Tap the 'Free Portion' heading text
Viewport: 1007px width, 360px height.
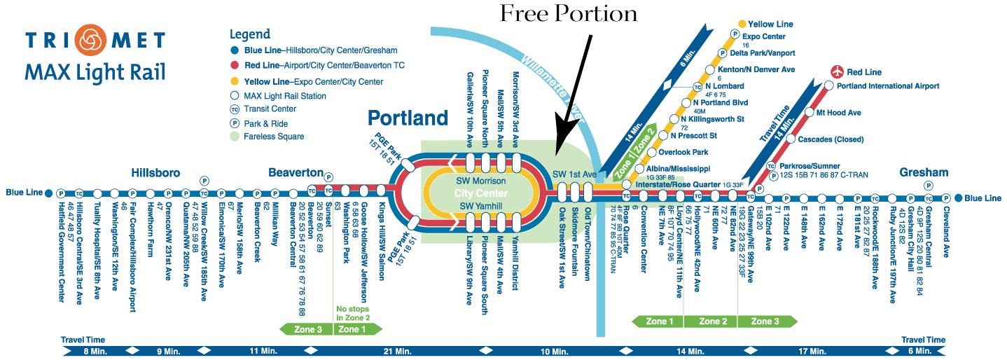[569, 13]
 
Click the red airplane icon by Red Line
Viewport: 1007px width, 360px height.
[836, 71]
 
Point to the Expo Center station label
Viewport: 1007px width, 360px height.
[765, 36]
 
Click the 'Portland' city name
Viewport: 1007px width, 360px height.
[408, 117]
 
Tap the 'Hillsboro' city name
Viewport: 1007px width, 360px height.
[155, 172]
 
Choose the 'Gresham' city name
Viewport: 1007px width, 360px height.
[924, 172]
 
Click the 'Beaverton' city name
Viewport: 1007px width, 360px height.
[296, 172]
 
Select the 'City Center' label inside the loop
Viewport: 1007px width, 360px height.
[480, 193]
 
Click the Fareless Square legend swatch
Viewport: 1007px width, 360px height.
[235, 136]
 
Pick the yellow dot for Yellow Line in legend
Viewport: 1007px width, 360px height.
[235, 82]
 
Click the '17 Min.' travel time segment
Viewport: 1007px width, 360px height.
[813, 350]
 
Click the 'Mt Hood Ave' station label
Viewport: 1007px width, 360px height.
[839, 112]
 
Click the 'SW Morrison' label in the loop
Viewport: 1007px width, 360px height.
[480, 181]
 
